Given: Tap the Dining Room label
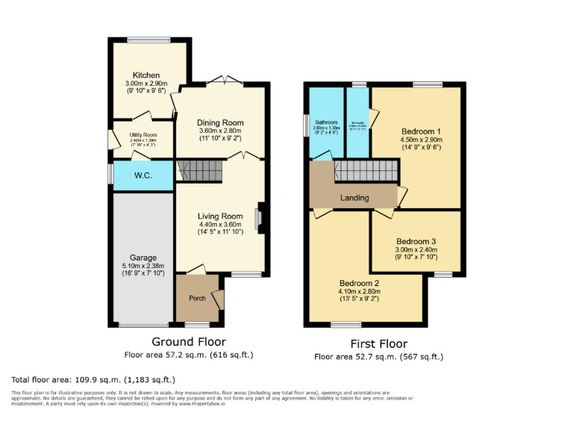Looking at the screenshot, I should click(x=220, y=122).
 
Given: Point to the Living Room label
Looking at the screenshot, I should click(x=220, y=216).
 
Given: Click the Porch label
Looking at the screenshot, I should click(x=197, y=299).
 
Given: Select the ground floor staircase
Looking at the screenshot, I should click(x=200, y=171).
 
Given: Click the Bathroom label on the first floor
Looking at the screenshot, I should click(x=326, y=122).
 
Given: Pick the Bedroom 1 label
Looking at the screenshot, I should click(x=422, y=129).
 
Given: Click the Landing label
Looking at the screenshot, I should click(x=354, y=198).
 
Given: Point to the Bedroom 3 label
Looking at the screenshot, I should click(x=416, y=241).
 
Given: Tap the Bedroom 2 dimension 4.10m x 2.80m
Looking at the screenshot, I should click(x=360, y=293).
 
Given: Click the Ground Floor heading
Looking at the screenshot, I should click(x=189, y=341).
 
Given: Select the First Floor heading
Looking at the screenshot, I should click(x=379, y=344).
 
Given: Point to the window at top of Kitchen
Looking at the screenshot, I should click(x=138, y=40).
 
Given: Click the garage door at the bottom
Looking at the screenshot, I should click(x=143, y=325).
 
